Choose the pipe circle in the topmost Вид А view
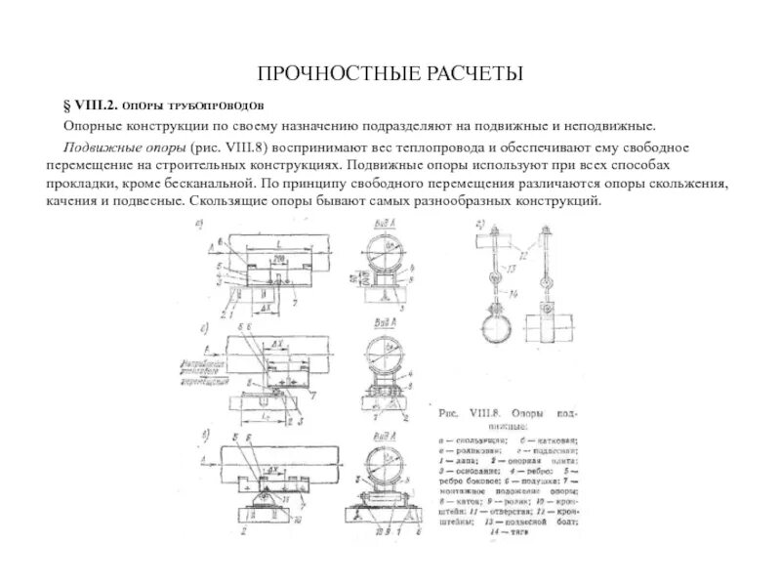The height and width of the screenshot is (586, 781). pos(386,254)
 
